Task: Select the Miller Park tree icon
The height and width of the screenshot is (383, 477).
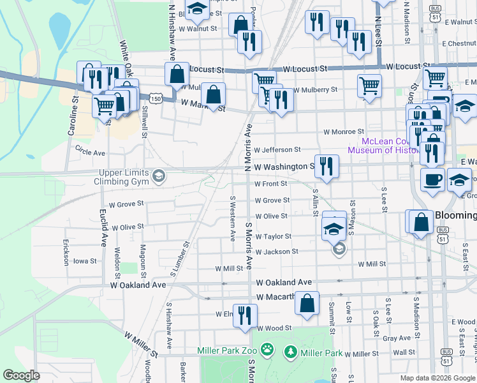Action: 290,352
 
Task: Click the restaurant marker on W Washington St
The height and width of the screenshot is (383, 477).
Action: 327,167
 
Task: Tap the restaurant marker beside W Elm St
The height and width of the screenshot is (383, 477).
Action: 245,315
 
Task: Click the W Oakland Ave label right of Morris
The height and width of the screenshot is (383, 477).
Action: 284,282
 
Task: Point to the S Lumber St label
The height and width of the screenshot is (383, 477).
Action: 177,253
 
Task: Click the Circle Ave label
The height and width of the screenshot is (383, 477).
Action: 90,153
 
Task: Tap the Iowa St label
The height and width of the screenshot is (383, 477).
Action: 84,261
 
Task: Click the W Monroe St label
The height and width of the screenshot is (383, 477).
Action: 344,131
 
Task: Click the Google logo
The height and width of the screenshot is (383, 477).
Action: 21,376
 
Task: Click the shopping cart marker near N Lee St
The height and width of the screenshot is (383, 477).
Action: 369,86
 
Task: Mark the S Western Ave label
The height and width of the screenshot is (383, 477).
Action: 233,218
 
